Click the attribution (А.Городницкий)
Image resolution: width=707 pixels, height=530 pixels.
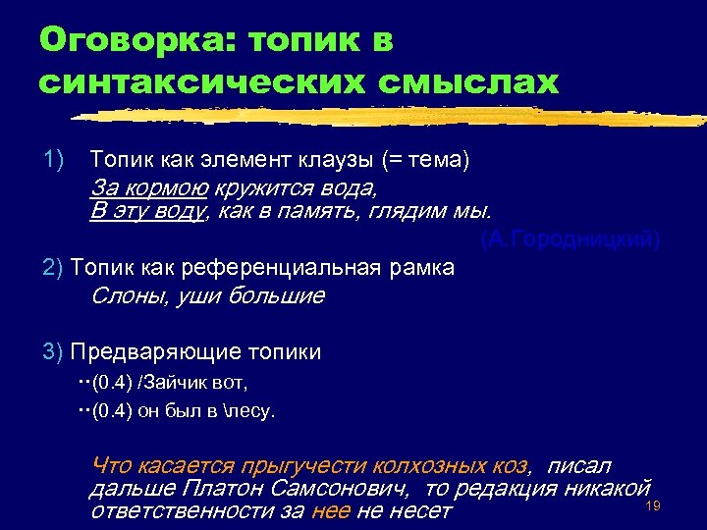point(570,240)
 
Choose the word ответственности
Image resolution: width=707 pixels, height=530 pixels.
point(182,510)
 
